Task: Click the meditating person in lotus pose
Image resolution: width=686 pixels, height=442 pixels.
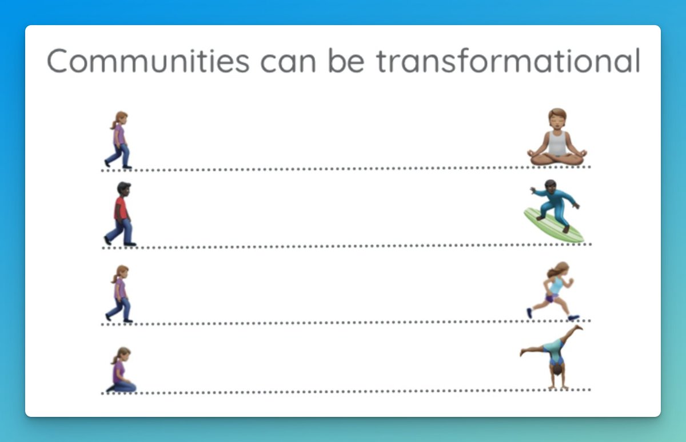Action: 557,138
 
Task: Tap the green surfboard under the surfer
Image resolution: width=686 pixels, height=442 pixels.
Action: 553,226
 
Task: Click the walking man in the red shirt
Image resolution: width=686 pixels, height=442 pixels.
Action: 121,215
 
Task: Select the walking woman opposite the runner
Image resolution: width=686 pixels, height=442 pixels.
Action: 119,294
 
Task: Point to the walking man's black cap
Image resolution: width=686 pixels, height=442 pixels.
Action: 123,186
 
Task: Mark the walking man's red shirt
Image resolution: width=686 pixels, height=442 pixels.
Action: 120,208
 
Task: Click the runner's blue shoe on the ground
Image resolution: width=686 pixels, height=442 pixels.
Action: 573,317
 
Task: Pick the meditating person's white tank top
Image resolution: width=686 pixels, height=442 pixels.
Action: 557,142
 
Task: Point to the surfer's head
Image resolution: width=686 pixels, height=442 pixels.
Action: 549,184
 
